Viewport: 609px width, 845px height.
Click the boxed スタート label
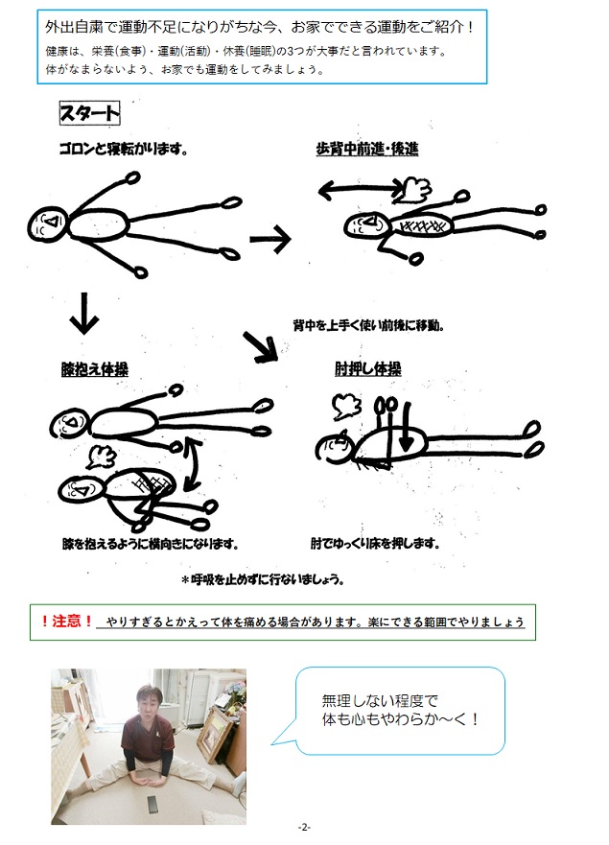(x=89, y=114)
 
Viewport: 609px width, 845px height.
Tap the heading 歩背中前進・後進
(x=367, y=149)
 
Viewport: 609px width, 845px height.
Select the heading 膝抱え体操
(x=94, y=369)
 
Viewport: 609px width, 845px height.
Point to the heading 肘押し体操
(x=368, y=369)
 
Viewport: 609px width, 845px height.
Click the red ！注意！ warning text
(x=67, y=622)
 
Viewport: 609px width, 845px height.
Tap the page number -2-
(x=305, y=827)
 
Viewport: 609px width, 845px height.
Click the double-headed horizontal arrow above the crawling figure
(x=361, y=190)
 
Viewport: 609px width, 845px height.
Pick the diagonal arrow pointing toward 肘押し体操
(x=260, y=346)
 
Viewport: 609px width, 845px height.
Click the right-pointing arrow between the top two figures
(x=270, y=239)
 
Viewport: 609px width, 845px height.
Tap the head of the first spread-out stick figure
(x=48, y=223)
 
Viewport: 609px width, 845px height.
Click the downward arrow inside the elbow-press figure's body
(x=407, y=426)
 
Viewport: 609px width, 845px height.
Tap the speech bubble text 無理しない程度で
(x=380, y=700)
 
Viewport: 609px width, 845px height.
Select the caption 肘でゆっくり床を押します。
(x=375, y=543)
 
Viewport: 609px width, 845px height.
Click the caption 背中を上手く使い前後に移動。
(x=368, y=325)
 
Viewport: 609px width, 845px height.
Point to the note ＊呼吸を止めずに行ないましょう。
(x=263, y=580)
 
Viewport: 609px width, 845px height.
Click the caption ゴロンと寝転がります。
(x=124, y=149)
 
